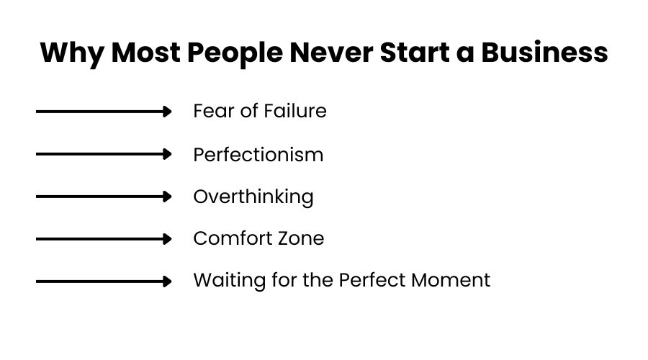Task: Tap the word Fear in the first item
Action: click(x=210, y=111)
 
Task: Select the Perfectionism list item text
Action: click(x=258, y=154)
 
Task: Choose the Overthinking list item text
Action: click(x=253, y=197)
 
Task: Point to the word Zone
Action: click(x=300, y=238)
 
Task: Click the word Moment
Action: click(x=452, y=280)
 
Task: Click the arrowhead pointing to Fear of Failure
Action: click(x=167, y=112)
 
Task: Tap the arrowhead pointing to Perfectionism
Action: click(x=167, y=154)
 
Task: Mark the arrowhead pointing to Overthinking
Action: click(x=167, y=197)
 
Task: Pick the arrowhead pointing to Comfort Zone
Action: click(x=167, y=238)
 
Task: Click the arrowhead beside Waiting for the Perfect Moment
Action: click(x=167, y=281)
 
